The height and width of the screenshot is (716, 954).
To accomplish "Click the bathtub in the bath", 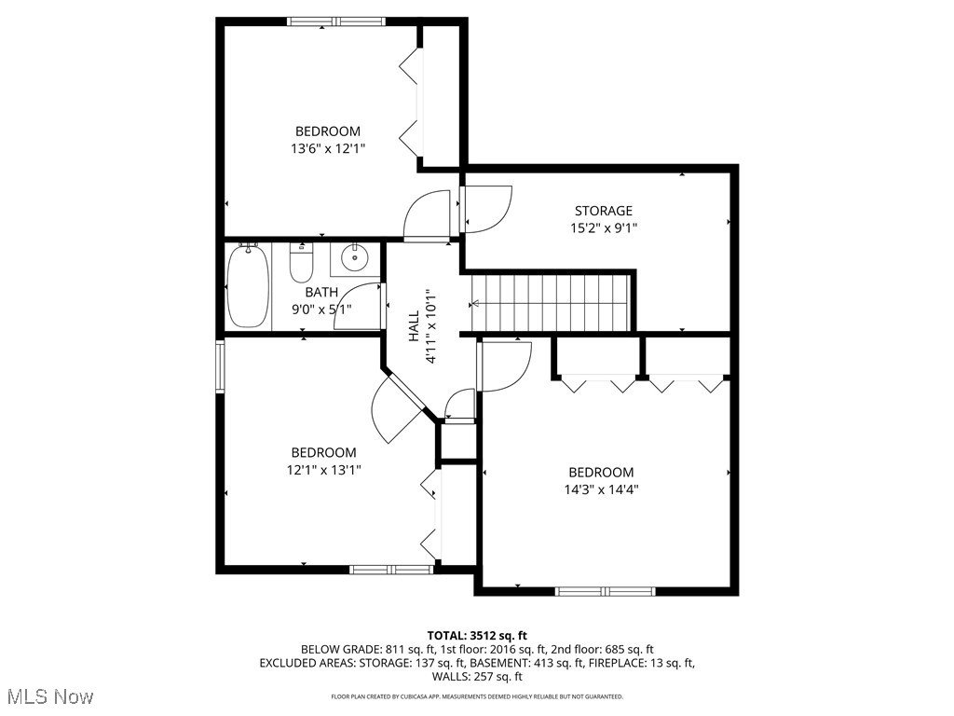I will pos(248,286).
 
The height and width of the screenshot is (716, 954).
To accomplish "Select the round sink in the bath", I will pos(354,257).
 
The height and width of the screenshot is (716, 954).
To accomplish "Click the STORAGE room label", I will pos(603,211).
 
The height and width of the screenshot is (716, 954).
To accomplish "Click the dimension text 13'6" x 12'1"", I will pos(327,148).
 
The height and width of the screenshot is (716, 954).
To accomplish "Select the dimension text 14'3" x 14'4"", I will pos(601,489).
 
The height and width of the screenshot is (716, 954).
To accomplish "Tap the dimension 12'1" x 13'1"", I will pos(323,470).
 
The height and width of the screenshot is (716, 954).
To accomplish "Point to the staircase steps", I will pos(550,302).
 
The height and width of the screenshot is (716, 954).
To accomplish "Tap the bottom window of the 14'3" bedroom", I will pos(606,590).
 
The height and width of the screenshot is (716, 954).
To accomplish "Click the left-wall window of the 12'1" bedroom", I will pos(221,365).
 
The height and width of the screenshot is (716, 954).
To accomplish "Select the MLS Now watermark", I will pos(48,696).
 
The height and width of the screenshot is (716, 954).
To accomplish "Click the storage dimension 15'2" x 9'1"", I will pos(603,227).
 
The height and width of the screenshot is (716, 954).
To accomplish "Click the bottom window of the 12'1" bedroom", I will pos(391,569).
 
